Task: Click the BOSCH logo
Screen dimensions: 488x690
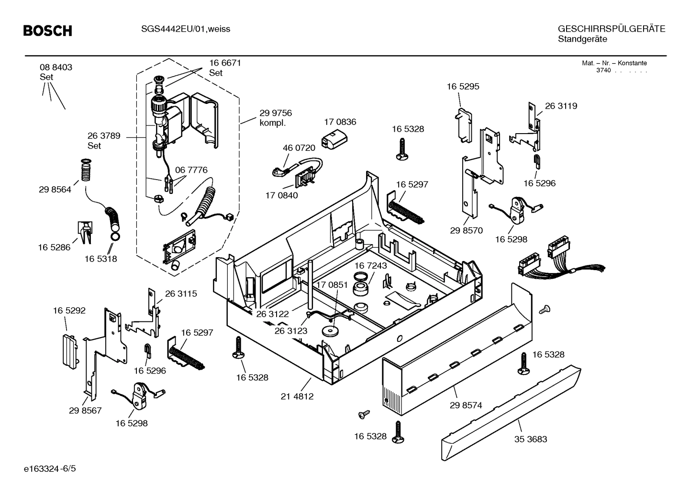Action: click(48, 31)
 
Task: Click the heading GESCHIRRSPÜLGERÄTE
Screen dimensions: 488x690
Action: click(611, 29)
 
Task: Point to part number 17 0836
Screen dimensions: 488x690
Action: click(340, 122)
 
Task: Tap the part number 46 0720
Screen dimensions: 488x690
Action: click(299, 148)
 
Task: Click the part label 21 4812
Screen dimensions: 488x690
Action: click(297, 397)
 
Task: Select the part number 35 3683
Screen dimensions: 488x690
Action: click(531, 439)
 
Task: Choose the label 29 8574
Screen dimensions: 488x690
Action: click(466, 405)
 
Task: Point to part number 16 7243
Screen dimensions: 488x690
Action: click(370, 265)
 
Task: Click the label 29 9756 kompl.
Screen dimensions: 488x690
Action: click(275, 118)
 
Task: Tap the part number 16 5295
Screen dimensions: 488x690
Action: click(463, 87)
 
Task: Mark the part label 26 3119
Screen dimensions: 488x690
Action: click(561, 106)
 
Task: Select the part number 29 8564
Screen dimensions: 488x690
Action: click(55, 190)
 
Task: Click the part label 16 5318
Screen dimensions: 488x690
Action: click(100, 259)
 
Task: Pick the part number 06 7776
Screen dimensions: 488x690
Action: click(191, 170)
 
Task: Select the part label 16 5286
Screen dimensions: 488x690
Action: click(54, 248)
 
